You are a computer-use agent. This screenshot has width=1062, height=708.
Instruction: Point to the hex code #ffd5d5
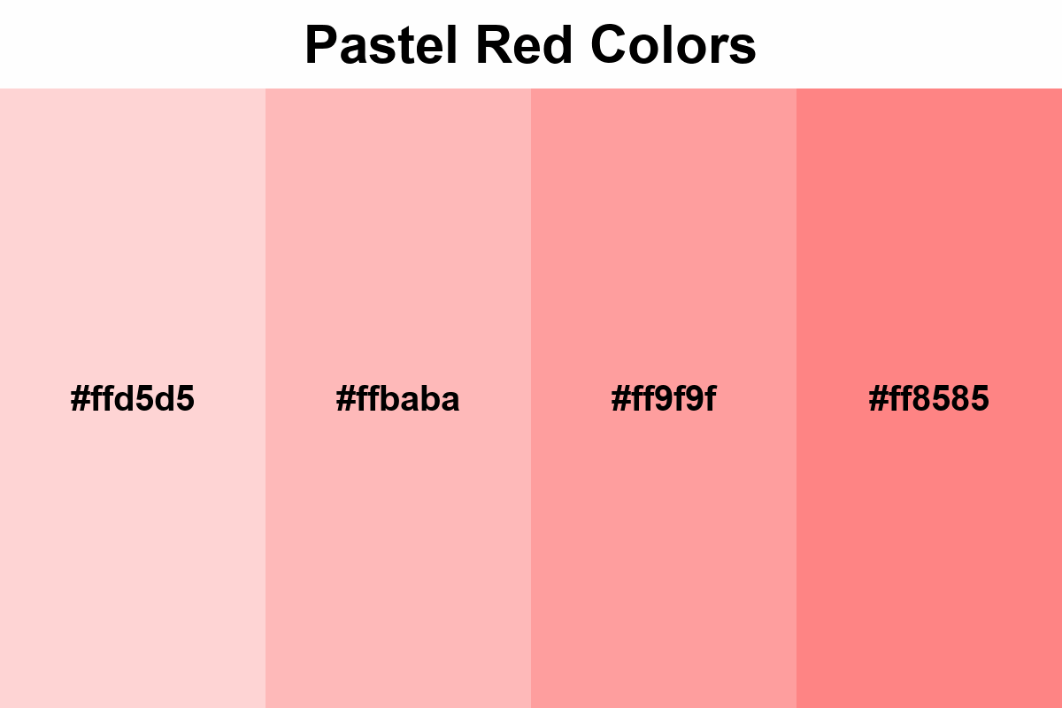(x=133, y=400)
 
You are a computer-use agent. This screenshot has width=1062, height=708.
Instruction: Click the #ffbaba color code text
(x=398, y=400)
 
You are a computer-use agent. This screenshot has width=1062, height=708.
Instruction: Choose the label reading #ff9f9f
(x=664, y=400)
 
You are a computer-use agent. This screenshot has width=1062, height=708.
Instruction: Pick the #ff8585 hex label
(x=929, y=400)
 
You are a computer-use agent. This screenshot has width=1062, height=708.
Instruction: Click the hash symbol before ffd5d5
(x=80, y=400)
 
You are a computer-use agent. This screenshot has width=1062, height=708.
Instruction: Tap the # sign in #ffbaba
(x=345, y=400)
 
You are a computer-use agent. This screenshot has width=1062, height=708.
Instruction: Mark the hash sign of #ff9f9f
(x=619, y=400)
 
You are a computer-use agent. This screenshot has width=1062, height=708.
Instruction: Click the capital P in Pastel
(x=320, y=45)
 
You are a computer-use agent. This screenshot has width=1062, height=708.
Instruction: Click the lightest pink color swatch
(x=133, y=221)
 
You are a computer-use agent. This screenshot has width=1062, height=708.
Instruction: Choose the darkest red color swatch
(x=929, y=221)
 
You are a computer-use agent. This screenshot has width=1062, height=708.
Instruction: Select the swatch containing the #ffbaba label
(x=398, y=221)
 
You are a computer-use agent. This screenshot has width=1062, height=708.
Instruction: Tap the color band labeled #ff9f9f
(x=664, y=221)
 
